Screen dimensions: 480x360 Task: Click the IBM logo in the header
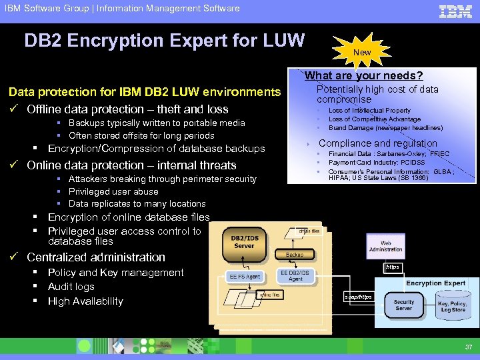pos(455,11)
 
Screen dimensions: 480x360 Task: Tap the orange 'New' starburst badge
pos(362,52)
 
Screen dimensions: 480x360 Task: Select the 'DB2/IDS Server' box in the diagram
pos(244,241)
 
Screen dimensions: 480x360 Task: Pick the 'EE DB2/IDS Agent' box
pos(295,275)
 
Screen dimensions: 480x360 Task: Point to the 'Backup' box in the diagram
pos(294,254)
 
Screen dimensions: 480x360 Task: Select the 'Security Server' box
pos(403,305)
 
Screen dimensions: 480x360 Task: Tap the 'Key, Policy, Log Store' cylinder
pos(453,307)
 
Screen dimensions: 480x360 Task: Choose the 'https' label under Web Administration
pos(392,267)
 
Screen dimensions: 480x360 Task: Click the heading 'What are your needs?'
pos(363,76)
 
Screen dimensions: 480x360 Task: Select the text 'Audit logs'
pos(71,287)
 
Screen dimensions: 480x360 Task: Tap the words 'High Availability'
pos(85,301)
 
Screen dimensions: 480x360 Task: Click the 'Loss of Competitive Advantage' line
pos(374,119)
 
